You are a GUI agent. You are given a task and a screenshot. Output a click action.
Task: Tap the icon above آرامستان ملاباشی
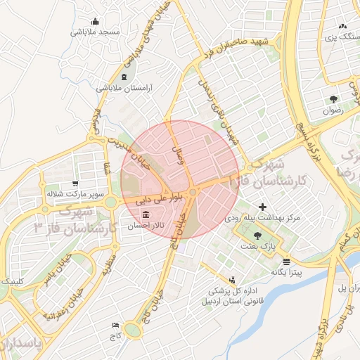124,76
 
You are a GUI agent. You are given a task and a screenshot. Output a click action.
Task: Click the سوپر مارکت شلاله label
75,192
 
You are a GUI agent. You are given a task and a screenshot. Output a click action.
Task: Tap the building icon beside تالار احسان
146,214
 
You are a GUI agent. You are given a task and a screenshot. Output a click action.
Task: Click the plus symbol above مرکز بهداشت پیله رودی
263,207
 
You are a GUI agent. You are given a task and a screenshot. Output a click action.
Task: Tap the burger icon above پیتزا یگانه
286,262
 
